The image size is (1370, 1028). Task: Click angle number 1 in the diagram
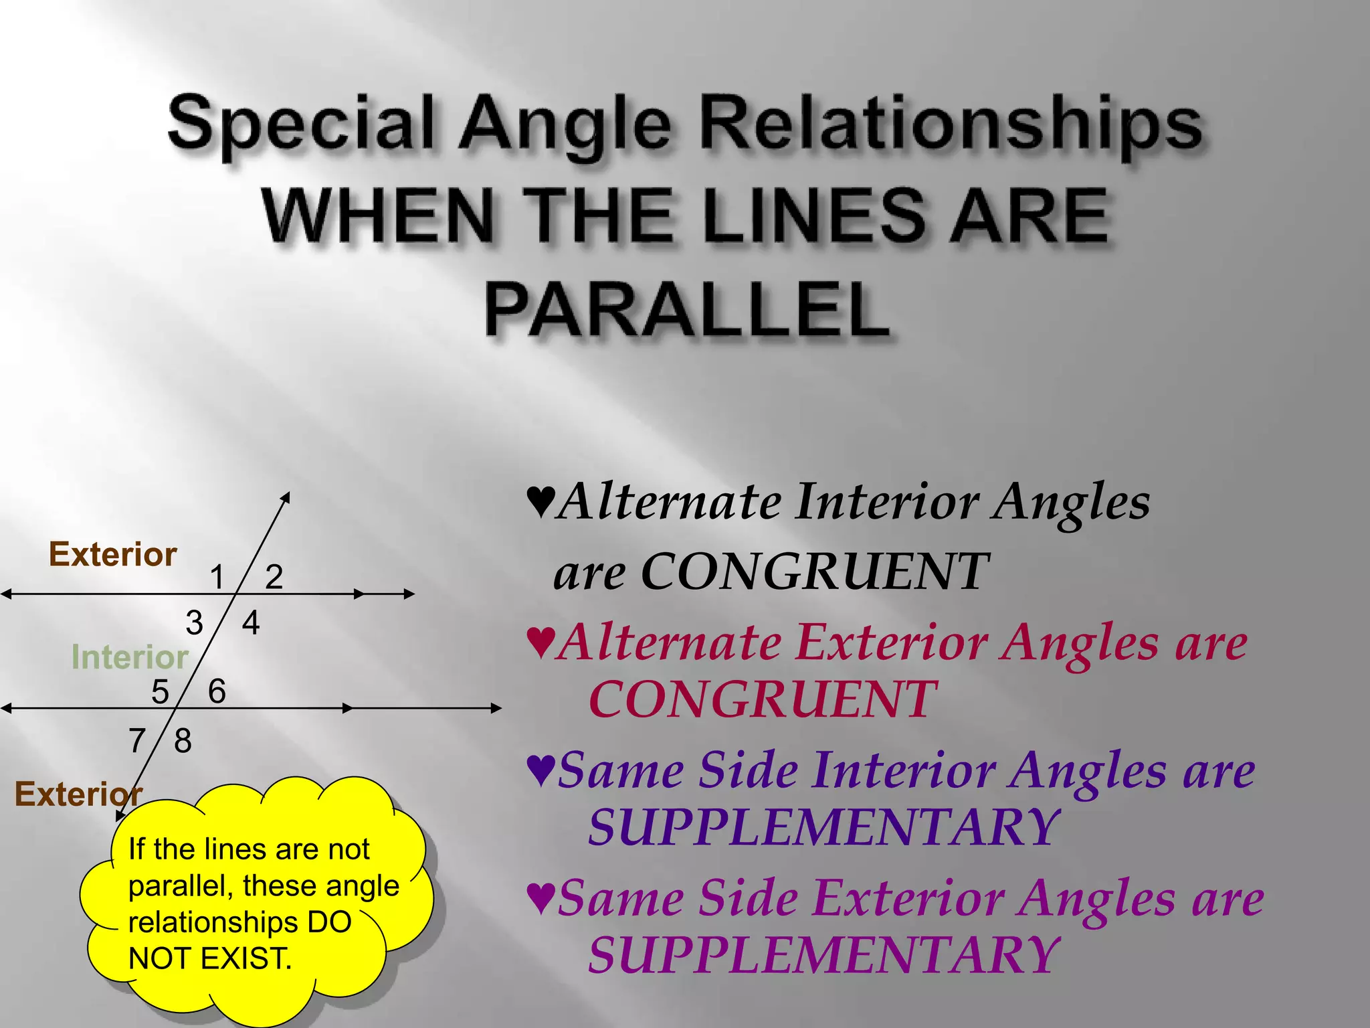217,577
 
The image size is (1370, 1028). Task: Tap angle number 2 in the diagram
274,577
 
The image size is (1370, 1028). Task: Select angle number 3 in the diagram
194,623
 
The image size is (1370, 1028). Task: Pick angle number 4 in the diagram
251,623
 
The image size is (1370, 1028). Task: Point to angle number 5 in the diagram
160,692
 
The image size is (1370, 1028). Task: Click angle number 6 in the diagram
217,691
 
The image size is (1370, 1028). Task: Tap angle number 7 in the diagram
137,741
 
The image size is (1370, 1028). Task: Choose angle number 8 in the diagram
183,741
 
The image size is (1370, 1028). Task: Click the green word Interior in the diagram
130,657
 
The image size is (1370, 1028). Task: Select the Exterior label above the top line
112,555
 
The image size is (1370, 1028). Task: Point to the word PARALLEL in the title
687,310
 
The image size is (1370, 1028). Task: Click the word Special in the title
300,124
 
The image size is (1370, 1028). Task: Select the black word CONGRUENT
814,572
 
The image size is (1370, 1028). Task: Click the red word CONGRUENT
762,699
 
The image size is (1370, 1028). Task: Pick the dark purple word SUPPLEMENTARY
823,827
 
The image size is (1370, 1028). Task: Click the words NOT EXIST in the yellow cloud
210,958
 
